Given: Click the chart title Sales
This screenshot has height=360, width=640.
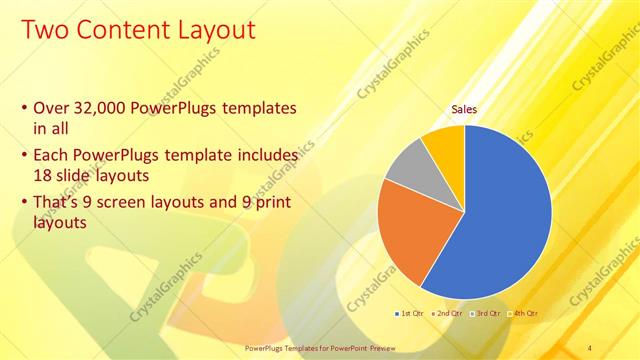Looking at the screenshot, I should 464,109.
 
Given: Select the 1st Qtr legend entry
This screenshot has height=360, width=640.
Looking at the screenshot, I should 410,314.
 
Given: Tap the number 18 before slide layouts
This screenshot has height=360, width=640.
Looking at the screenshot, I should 43,174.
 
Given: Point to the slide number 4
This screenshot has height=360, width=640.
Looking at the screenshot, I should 589,347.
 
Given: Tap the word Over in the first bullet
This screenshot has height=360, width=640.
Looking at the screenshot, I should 51,108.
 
